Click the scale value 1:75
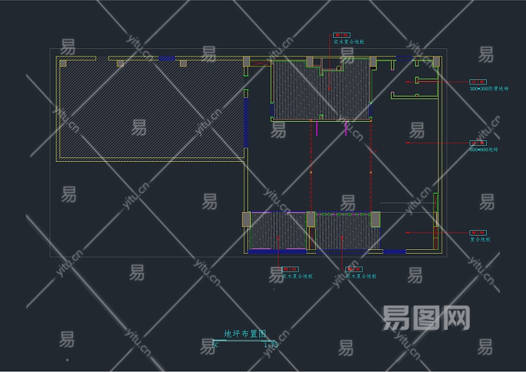[270, 345]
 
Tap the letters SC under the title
[215, 345]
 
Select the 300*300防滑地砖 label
[488, 89]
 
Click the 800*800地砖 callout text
[484, 149]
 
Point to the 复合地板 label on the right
[480, 239]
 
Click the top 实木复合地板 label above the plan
[349, 42]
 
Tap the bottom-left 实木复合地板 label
[298, 277]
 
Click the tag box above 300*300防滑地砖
[478, 82]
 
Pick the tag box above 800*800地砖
[478, 143]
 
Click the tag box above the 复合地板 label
[478, 232]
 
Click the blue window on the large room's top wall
[167, 58]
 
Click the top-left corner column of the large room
[63, 63]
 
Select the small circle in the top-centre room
[338, 68]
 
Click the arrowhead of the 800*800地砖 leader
[408, 143]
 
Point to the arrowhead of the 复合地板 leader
[408, 232]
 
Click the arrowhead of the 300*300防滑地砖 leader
[408, 81]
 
